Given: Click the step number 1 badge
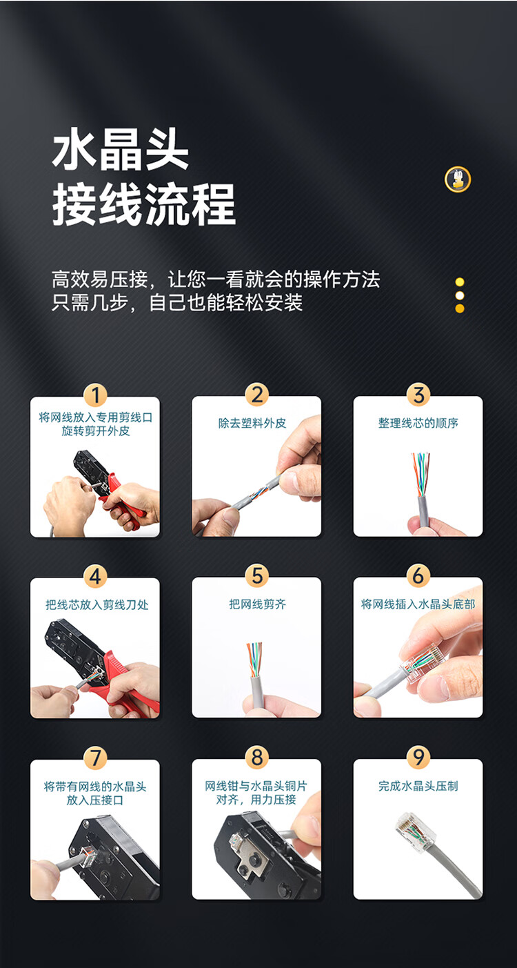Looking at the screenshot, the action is (95, 395).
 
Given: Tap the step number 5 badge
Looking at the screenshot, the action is (257, 576).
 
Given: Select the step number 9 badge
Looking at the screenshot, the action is (418, 758).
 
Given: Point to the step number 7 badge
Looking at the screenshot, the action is (95, 758).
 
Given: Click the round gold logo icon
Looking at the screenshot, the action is (458, 179).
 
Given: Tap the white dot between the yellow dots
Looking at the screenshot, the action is (460, 295).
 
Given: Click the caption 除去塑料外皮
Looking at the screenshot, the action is (252, 423).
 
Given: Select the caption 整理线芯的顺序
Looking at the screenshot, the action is (418, 423).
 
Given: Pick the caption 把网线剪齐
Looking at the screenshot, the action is (257, 604).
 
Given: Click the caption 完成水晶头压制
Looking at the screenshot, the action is (418, 786).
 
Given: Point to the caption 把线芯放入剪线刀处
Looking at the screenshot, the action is (97, 604).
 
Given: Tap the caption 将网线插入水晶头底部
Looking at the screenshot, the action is (418, 604).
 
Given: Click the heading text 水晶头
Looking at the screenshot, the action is (121, 149).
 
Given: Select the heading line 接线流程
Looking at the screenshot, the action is (144, 204).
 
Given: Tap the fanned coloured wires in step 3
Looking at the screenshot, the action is (420, 473).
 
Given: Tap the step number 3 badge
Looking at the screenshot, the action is (418, 395).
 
